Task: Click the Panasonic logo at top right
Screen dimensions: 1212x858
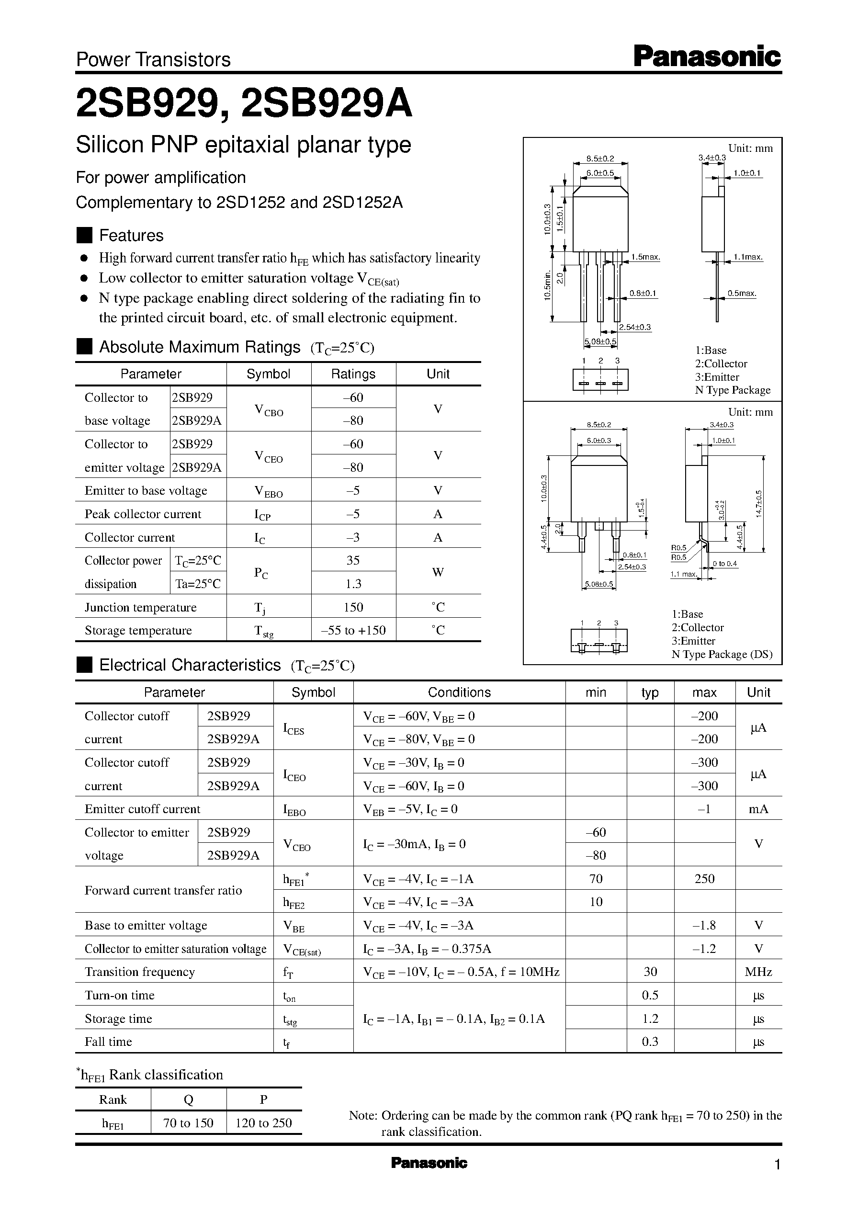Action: coord(706,57)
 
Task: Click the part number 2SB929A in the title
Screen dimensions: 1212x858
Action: coord(326,103)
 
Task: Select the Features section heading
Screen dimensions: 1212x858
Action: coord(131,235)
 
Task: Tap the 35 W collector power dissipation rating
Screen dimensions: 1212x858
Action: coord(353,560)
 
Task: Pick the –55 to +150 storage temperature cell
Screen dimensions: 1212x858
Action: coord(353,630)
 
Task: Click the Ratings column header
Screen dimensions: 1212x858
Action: coord(353,374)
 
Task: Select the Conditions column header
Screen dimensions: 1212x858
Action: coord(459,692)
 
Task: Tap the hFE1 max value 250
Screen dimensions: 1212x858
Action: coord(704,879)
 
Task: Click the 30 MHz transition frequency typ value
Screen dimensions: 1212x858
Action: coord(650,972)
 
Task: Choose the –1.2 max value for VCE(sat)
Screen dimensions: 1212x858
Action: coord(704,948)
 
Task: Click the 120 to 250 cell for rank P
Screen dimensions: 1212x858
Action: coord(263,1123)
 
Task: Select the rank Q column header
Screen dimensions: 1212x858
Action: coord(188,1099)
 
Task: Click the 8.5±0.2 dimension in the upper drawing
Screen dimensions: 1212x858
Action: coord(600,158)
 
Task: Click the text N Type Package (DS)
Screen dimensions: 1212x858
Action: coord(722,654)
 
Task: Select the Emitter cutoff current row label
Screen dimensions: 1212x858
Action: coord(142,809)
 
